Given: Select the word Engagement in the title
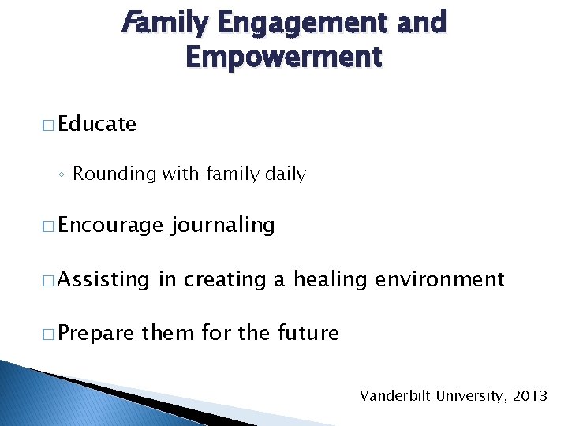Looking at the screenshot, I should tap(300, 24).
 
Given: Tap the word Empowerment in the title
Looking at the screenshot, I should tap(284, 58).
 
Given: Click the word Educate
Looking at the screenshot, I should tap(97, 124).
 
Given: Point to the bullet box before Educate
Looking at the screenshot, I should tap(48, 125).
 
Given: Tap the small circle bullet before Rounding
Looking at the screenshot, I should tap(63, 174).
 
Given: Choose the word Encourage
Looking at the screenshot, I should tap(110, 226).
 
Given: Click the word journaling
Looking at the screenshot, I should tap(222, 226).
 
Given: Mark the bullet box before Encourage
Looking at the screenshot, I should tap(48, 226).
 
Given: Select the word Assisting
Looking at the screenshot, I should tap(103, 279).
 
